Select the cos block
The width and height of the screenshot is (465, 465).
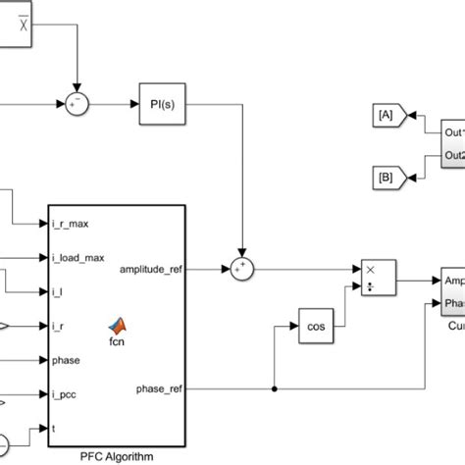click(x=315, y=324)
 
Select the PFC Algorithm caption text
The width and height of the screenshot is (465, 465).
click(x=117, y=453)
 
